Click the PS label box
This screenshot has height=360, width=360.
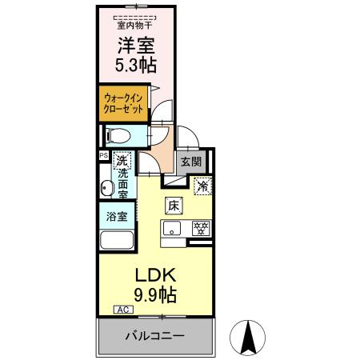(x=103, y=156)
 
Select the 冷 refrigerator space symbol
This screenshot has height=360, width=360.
(x=203, y=186)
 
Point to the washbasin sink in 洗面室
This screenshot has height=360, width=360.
(x=106, y=189)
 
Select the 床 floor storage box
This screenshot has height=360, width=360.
(x=173, y=205)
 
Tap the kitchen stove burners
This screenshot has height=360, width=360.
(x=201, y=228)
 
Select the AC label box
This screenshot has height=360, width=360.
(x=124, y=309)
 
